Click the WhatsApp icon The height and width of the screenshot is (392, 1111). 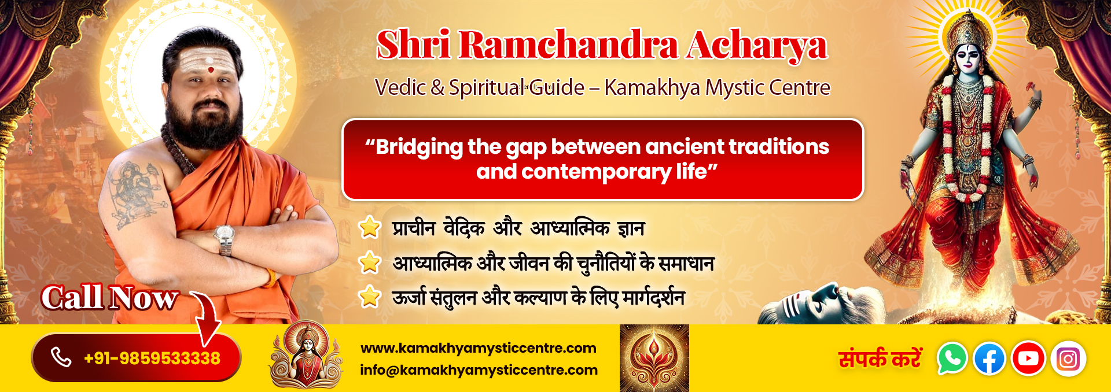click(x=952, y=358)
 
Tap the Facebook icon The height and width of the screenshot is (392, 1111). click(x=989, y=359)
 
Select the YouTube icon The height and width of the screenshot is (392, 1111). click(x=1028, y=358)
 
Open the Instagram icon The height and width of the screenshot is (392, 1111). click(x=1068, y=359)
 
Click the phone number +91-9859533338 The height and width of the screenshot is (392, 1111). click(x=152, y=358)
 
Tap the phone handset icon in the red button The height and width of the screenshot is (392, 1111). click(x=61, y=357)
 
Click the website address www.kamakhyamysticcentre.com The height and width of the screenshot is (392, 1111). click(x=479, y=348)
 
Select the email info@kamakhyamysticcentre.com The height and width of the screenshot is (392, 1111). click(x=479, y=370)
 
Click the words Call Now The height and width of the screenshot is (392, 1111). click(x=109, y=298)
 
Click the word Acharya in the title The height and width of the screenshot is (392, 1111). click(x=757, y=45)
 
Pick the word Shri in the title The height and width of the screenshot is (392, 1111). click(x=413, y=44)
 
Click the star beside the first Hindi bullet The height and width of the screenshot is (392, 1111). click(x=370, y=227)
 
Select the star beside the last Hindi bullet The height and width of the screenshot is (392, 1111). click(x=370, y=297)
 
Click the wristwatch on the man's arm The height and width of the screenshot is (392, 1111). click(x=224, y=238)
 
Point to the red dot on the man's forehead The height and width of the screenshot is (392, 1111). click(x=211, y=70)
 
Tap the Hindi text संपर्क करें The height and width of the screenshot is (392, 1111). click(x=880, y=358)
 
